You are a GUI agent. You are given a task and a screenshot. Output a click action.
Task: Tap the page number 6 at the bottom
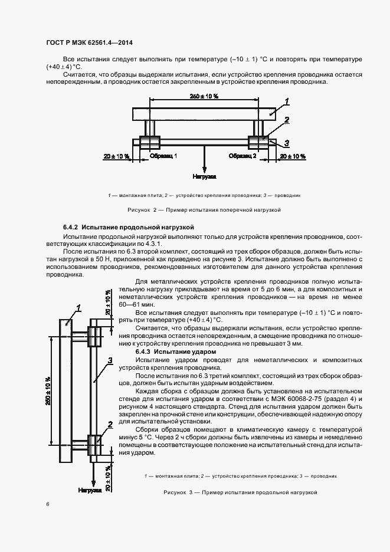point(48,504)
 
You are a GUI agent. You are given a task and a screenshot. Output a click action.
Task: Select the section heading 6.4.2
point(129,227)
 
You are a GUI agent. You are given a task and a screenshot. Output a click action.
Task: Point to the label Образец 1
point(163,156)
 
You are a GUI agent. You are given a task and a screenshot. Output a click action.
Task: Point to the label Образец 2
point(242,156)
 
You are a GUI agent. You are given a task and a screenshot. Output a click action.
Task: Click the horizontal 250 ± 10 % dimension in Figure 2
point(204,96)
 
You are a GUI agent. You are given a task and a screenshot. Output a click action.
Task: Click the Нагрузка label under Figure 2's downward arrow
point(204,176)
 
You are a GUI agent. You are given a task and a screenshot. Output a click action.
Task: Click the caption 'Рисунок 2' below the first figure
point(204,209)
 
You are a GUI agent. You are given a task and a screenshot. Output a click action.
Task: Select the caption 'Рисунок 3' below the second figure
point(241,492)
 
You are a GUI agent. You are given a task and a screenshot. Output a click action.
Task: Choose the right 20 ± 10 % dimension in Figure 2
point(293,156)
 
